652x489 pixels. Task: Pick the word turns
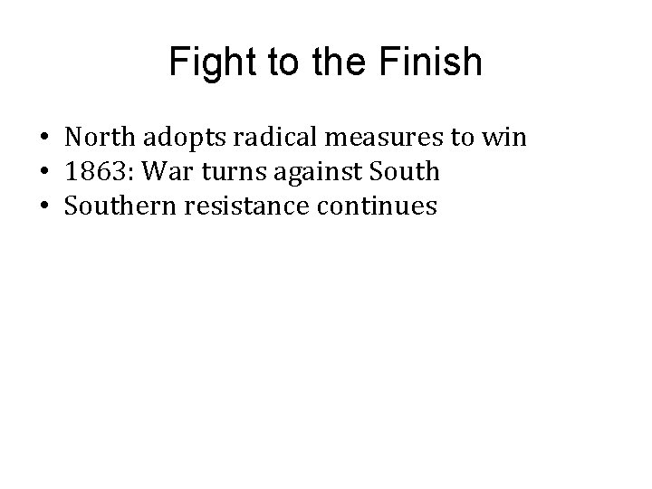[223, 173]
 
